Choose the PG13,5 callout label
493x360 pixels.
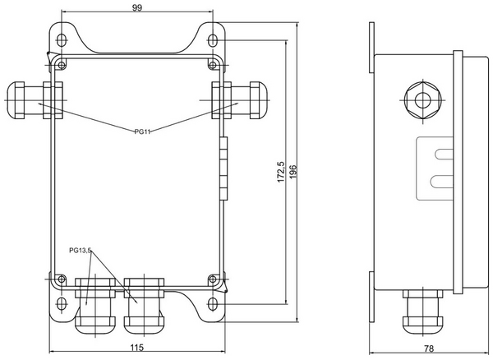point(81,250)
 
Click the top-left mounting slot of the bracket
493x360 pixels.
point(64,39)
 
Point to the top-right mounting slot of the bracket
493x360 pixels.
point(213,39)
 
